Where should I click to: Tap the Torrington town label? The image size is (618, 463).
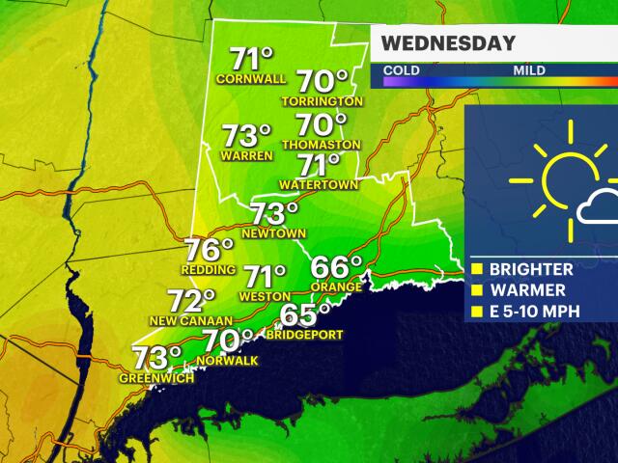(322, 101)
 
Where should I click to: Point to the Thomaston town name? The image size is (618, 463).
(322, 145)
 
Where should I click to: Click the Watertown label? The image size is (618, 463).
(319, 183)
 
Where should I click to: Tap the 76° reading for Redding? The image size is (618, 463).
(210, 250)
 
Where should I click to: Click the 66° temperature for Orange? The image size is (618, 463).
(336, 266)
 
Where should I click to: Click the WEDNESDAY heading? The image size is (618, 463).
(447, 43)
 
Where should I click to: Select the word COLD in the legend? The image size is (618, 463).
(400, 70)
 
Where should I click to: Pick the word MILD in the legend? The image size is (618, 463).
(529, 70)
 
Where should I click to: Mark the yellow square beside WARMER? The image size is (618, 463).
(476, 291)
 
